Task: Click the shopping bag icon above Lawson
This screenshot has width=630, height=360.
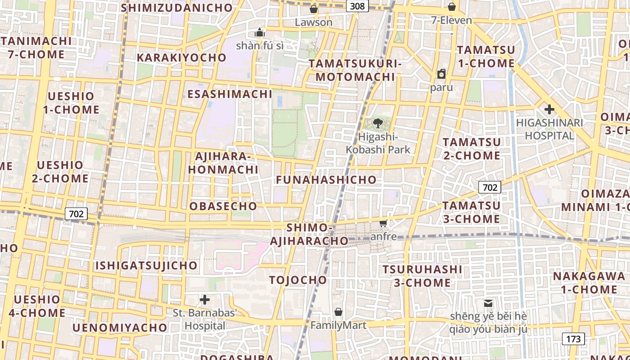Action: click(314, 9)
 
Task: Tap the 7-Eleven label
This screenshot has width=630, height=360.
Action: click(451, 20)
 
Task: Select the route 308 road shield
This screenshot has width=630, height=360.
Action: click(358, 6)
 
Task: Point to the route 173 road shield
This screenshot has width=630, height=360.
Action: click(573, 339)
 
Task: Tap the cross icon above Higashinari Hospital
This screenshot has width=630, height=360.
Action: click(549, 109)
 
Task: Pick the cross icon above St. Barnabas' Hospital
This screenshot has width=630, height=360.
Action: click(205, 300)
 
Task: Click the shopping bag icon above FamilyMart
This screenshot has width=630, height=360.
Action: click(338, 312)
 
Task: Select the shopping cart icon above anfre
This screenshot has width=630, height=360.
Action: click(383, 223)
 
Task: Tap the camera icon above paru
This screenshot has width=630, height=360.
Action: click(441, 74)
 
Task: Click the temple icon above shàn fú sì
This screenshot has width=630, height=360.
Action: click(259, 32)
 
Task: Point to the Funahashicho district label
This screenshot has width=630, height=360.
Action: click(326, 180)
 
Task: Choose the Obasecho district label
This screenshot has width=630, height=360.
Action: click(223, 206)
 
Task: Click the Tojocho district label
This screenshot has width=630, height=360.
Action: click(298, 280)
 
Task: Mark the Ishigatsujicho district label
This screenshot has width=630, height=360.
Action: click(146, 265)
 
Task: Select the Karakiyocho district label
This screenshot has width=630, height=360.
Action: click(181, 58)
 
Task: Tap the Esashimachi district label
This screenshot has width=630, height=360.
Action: click(230, 94)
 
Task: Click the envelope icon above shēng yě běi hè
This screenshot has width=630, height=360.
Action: click(488, 303)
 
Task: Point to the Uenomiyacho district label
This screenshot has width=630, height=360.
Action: click(120, 328)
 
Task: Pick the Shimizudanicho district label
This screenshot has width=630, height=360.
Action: click(177, 8)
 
